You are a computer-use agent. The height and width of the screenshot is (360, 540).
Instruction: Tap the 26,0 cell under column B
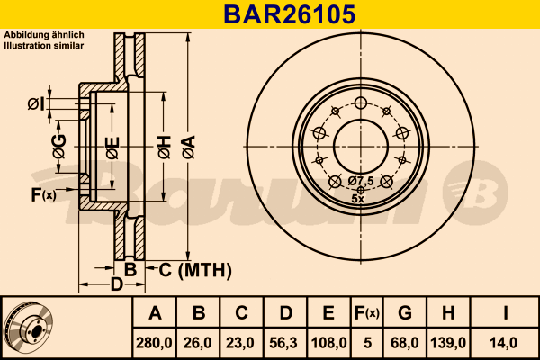point(199,342)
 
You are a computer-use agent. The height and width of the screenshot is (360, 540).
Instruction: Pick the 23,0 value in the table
point(241,342)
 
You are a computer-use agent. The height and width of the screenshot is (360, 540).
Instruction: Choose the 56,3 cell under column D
point(284,342)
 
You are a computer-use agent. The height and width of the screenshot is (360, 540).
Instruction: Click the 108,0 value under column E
point(328,342)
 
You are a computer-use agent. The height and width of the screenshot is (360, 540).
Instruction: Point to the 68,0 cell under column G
point(405,342)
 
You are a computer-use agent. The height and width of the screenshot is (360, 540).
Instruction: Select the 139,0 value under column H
point(447,342)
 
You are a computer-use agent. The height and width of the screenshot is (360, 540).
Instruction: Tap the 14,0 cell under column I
point(507,342)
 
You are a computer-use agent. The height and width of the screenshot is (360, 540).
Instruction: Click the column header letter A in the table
point(155,313)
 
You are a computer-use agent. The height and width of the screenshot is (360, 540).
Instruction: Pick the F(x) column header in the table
point(366,313)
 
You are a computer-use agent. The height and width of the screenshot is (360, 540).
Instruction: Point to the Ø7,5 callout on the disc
point(360,180)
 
